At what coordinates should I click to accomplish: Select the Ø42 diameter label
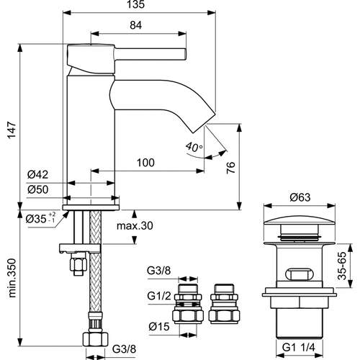tap(37, 174)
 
